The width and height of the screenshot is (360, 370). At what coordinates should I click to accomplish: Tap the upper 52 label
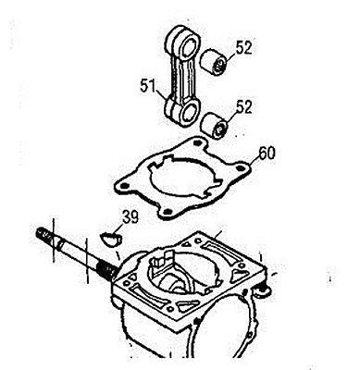pos(243,48)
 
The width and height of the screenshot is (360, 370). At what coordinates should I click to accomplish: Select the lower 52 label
pos(243,106)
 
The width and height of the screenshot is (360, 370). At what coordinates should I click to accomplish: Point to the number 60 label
pos(267,154)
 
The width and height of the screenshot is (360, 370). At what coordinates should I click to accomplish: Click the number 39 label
pos(130,217)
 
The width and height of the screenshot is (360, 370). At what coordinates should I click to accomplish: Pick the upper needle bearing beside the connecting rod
pos(215,61)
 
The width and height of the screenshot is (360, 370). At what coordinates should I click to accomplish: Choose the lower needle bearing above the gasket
pos(215,127)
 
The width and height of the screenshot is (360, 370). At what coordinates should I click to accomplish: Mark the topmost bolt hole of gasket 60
pos(196,142)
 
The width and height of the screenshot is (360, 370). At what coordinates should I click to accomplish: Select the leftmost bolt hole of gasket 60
pos(124,186)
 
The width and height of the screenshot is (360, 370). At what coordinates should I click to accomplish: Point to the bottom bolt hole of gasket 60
pos(167,212)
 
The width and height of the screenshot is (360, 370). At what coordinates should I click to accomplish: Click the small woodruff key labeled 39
pos(111,239)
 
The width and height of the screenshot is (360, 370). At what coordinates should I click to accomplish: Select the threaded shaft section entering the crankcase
pos(107,270)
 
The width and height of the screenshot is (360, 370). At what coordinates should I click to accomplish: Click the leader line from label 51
pos(163,94)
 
